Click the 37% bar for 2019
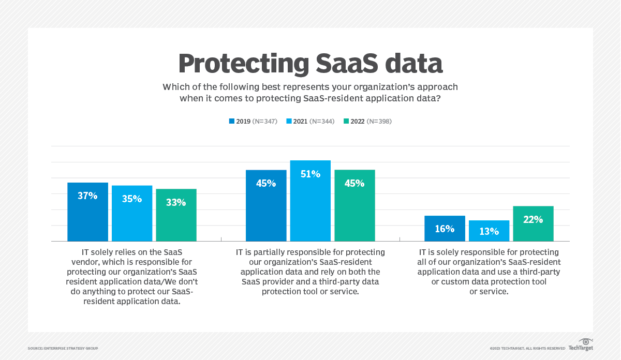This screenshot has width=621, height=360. tap(88, 212)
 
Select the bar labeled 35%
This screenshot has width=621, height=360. tap(132, 213)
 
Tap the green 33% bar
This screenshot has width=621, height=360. tap(176, 215)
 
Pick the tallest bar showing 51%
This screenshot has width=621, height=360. tap(310, 201)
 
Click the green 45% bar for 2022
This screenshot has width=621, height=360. tap(354, 205)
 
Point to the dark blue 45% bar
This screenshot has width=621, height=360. tap(266, 205)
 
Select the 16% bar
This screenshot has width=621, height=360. tap(445, 229)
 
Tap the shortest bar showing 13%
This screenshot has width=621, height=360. tap(489, 231)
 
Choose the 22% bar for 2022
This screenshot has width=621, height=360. tap(533, 223)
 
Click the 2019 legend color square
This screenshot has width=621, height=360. tap(231, 122)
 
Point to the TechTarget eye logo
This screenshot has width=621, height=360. tap(586, 342)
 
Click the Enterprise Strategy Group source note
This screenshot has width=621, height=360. tap(63, 349)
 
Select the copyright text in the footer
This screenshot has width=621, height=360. tap(527, 349)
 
